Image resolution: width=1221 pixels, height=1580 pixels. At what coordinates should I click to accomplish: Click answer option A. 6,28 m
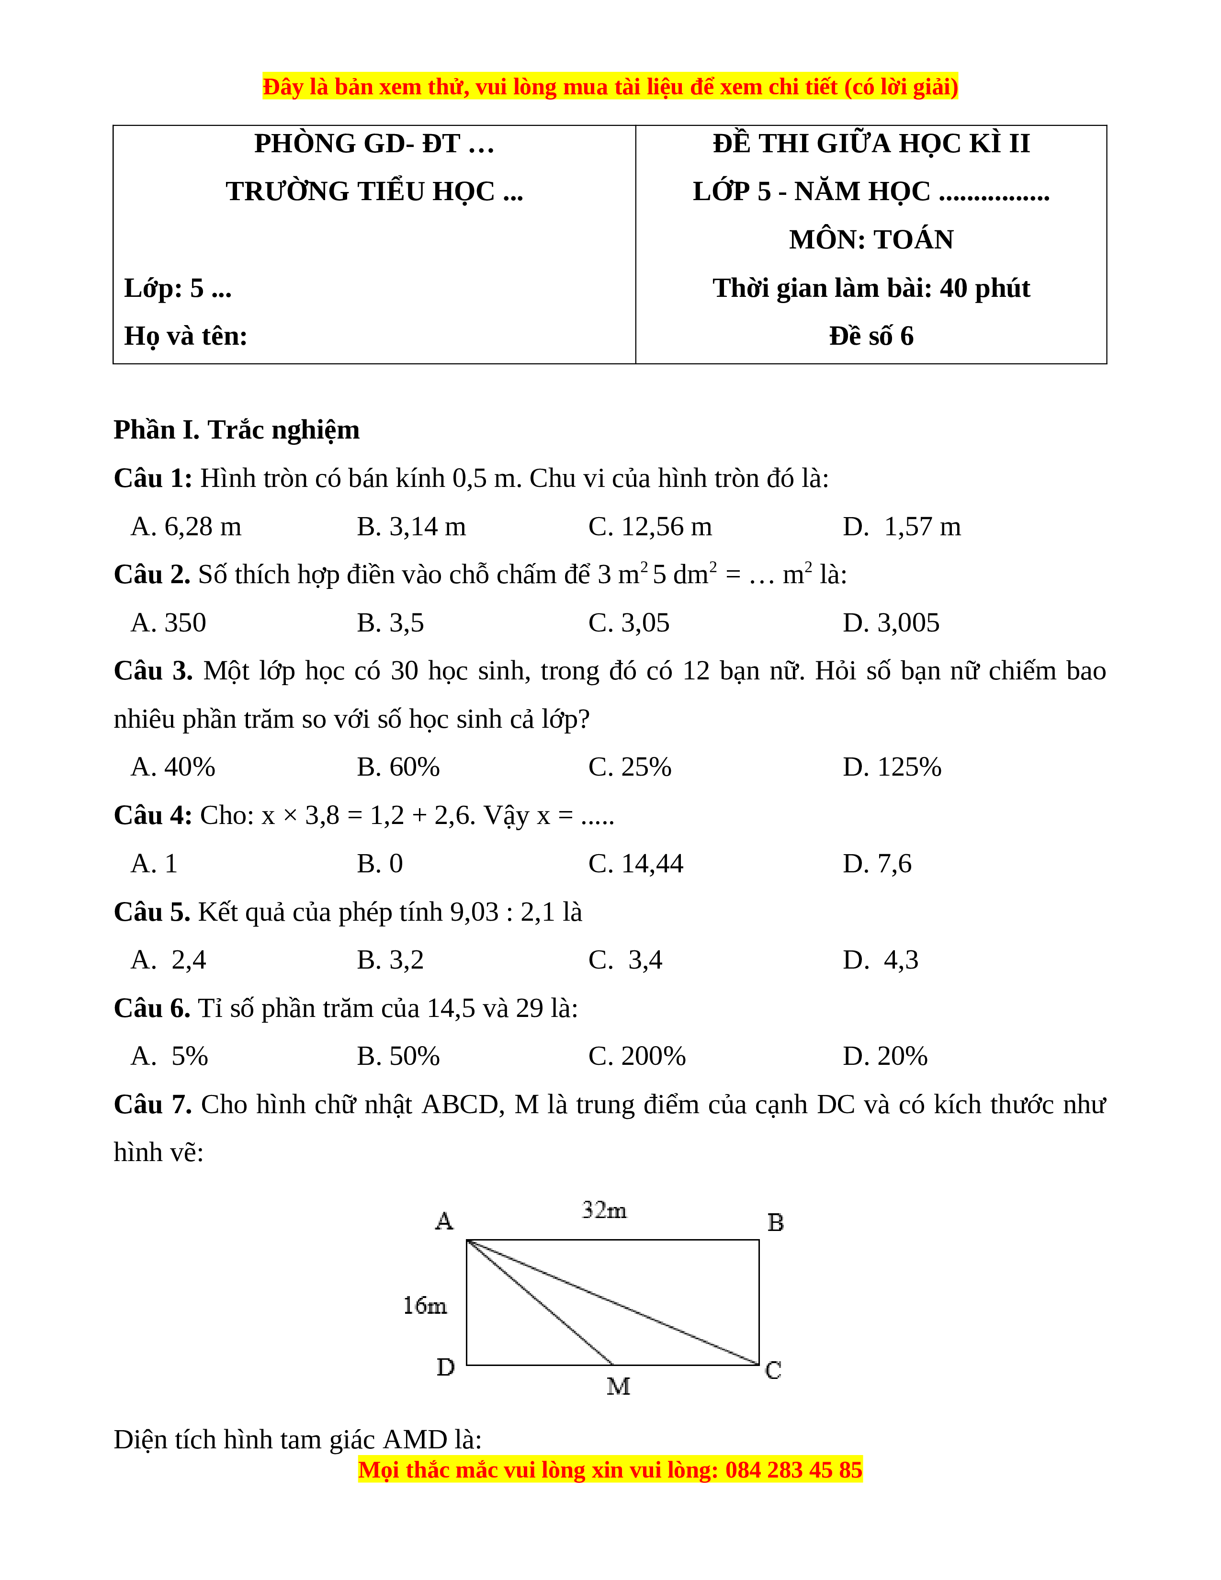click(x=186, y=527)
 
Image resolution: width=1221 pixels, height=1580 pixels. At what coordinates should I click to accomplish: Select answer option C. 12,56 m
click(x=650, y=527)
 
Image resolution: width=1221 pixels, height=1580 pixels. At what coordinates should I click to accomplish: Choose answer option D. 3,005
click(x=891, y=623)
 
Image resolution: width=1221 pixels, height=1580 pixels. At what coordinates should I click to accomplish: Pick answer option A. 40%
click(x=173, y=767)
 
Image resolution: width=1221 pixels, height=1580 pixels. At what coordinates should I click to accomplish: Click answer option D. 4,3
click(x=880, y=960)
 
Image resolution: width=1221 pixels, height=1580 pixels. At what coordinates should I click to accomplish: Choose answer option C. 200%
click(x=636, y=1056)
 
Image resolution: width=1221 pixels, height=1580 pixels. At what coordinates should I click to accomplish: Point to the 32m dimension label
click(x=604, y=1210)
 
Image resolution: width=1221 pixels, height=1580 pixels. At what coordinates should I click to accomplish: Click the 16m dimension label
click(x=425, y=1306)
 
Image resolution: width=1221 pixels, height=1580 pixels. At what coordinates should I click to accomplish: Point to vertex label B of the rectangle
click(x=775, y=1223)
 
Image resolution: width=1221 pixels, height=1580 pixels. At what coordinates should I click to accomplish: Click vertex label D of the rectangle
click(x=446, y=1367)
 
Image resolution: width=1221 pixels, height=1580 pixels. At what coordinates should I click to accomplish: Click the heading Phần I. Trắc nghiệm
click(x=237, y=430)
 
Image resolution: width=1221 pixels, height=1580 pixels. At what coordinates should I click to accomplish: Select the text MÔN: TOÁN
click(x=871, y=239)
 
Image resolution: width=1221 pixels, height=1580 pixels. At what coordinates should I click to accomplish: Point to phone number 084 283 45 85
click(x=793, y=1470)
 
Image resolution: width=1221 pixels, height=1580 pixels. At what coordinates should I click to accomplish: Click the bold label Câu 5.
click(x=152, y=912)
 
